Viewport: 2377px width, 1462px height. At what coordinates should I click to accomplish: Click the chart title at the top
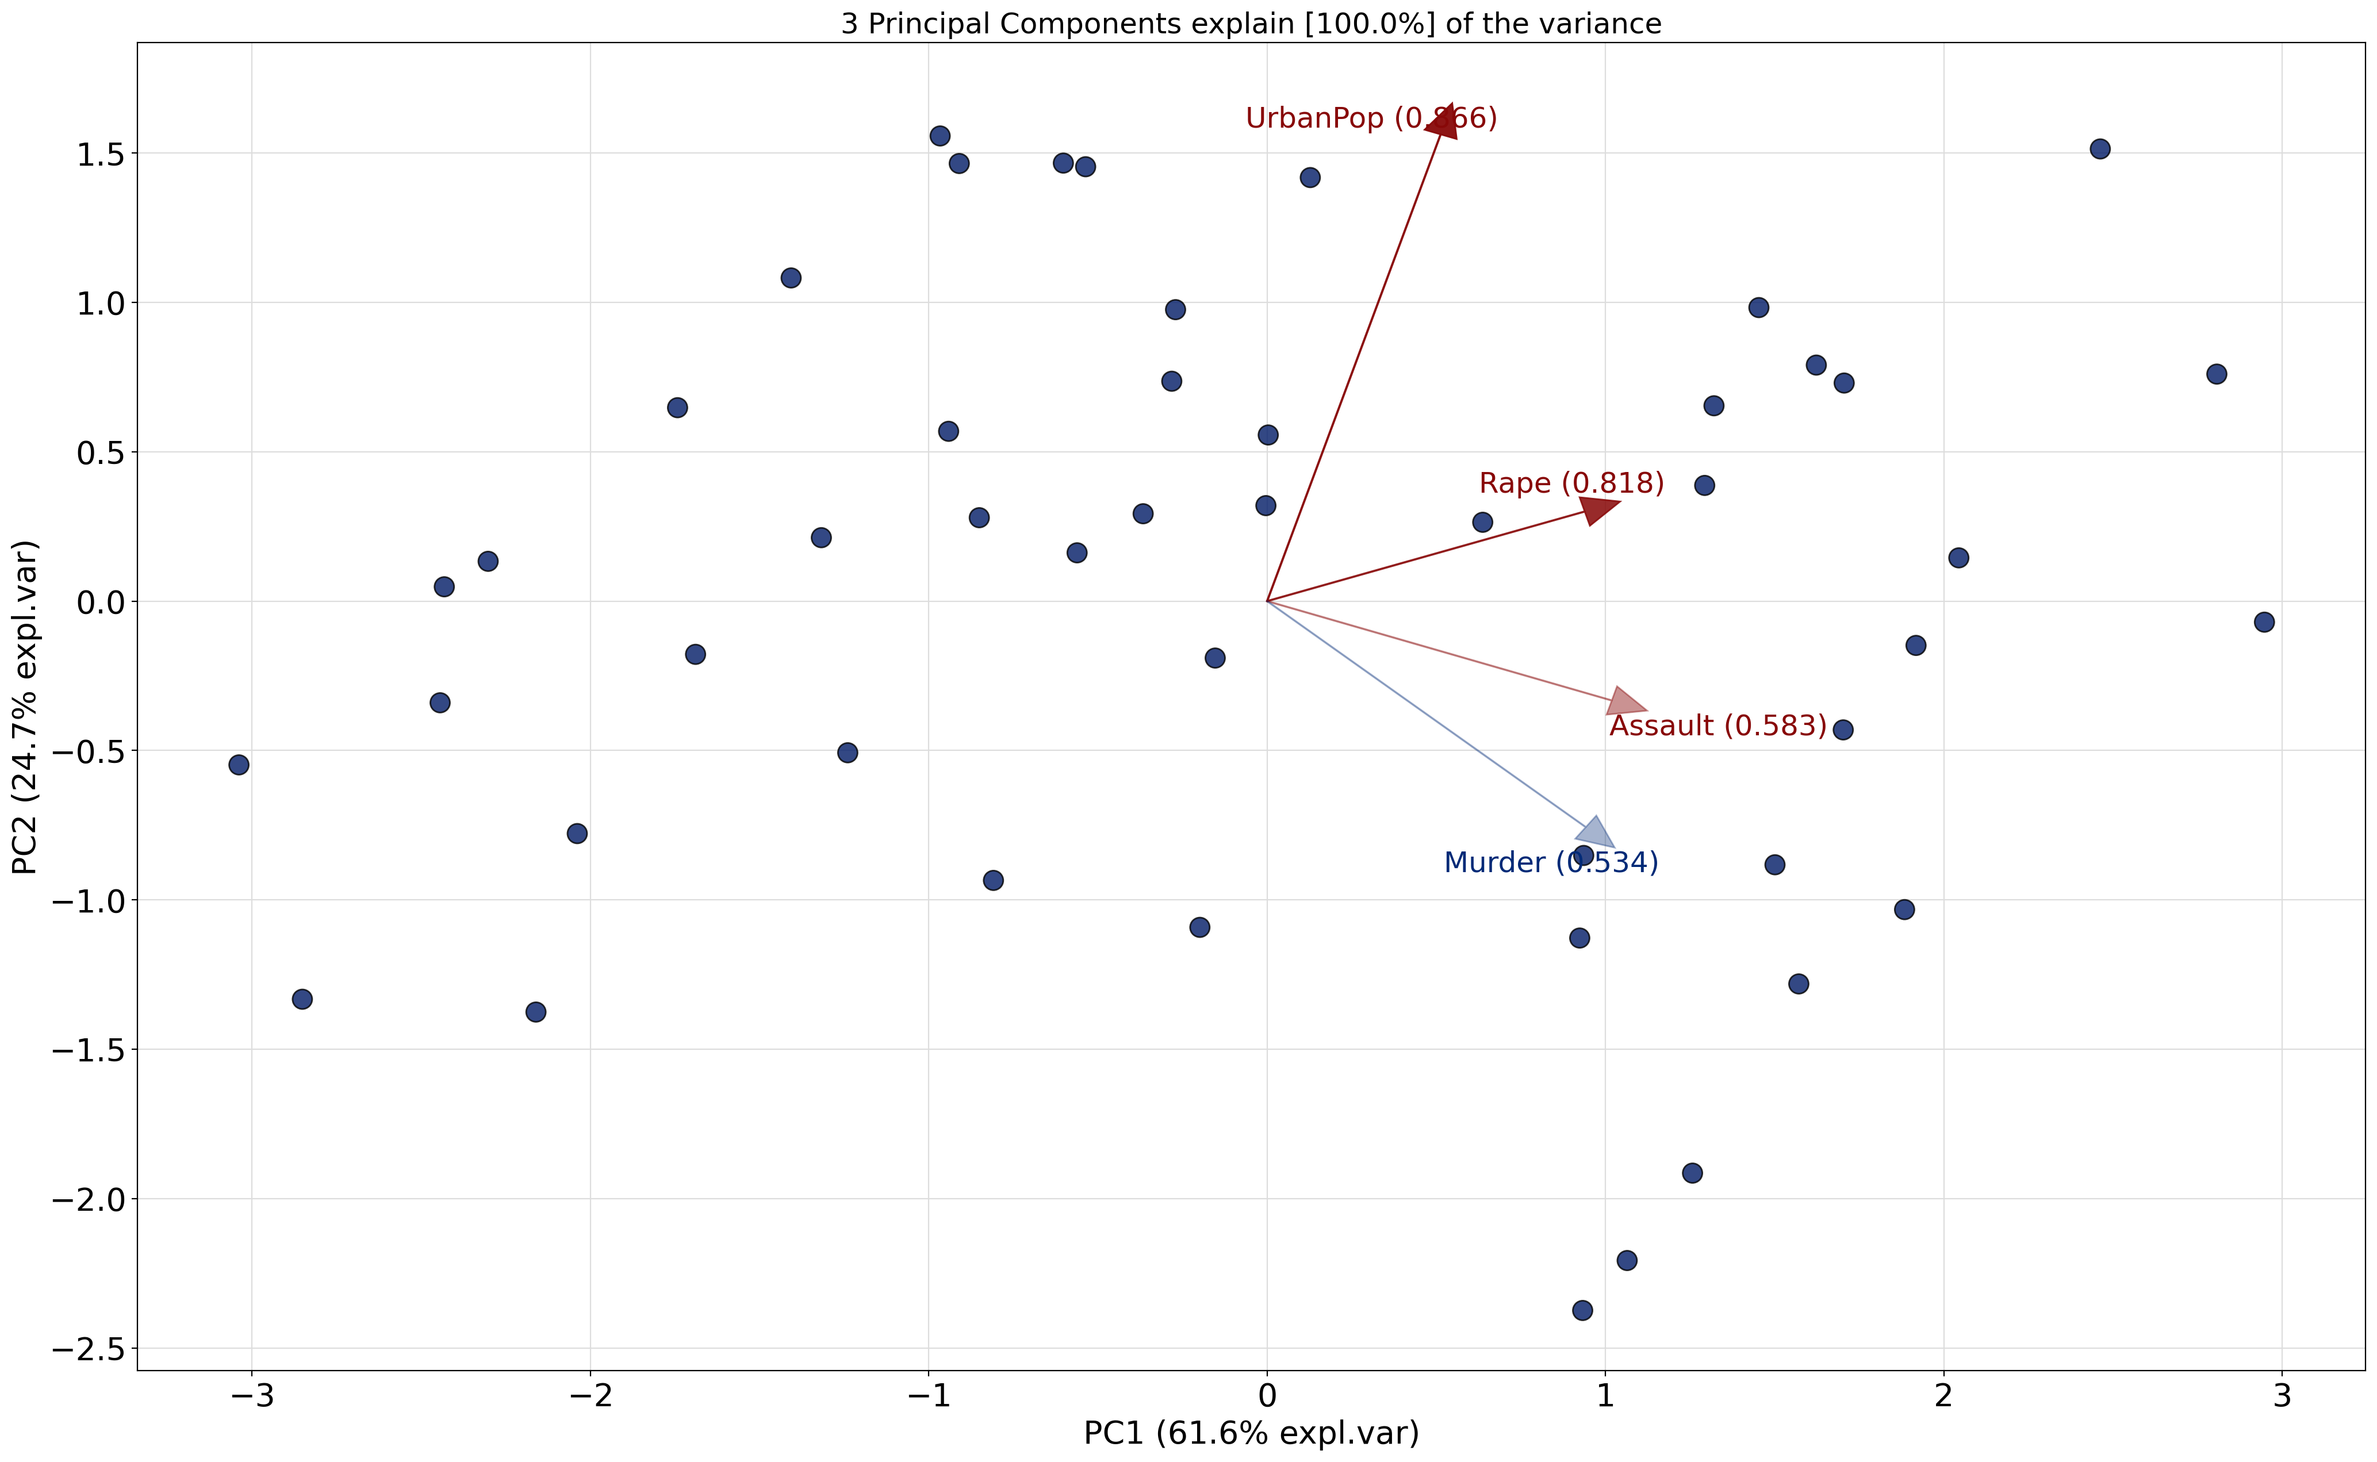(x=1251, y=23)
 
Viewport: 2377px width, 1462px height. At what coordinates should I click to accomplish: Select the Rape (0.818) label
(x=1571, y=484)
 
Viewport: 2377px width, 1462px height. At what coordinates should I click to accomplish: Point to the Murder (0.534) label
(x=1550, y=862)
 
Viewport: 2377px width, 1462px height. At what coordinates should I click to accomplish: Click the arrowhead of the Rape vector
(x=1600, y=509)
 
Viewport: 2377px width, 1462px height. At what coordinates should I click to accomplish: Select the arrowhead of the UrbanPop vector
(x=1443, y=121)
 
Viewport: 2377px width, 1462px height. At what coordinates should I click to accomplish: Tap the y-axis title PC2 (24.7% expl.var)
(x=25, y=707)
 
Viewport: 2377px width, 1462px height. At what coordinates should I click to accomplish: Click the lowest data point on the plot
(x=1582, y=1310)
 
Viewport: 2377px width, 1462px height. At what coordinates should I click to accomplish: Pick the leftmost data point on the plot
(x=239, y=765)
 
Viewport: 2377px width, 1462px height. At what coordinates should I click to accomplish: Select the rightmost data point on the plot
(x=2264, y=621)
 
